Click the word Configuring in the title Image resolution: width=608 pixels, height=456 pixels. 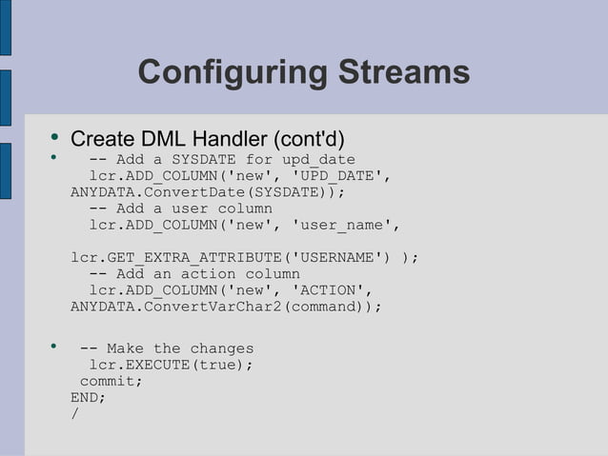pyautogui.click(x=229, y=72)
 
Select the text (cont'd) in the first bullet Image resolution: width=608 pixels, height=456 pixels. pyautogui.click(x=307, y=139)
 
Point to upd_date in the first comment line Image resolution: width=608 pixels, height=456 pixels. pyautogui.click(x=318, y=159)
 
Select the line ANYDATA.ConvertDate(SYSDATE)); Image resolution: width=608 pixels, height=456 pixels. pyautogui.click(x=207, y=191)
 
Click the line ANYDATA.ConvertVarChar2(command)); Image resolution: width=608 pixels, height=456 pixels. pyautogui.click(x=226, y=307)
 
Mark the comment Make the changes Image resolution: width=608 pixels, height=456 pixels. pyautogui.click(x=167, y=348)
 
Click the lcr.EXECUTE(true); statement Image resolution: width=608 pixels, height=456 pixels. pyautogui.click(x=172, y=365)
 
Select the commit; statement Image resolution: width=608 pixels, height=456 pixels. pyautogui.click(x=111, y=381)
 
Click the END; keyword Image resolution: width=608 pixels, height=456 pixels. pyautogui.click(x=89, y=397)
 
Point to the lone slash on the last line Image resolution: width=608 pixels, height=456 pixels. pyautogui.click(x=74, y=413)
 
